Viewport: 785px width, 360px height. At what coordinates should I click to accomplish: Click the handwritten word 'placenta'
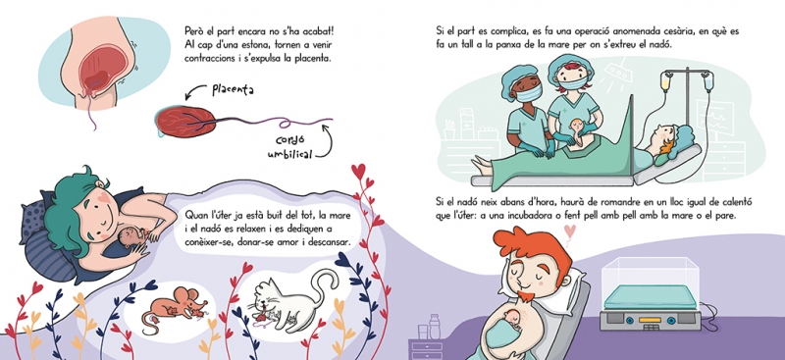[233, 89]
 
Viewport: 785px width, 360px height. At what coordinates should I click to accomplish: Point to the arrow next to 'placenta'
[195, 91]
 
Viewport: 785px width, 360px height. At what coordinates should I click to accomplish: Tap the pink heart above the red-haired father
[570, 231]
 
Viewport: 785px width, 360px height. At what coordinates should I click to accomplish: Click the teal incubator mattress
[650, 297]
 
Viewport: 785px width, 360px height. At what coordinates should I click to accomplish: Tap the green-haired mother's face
[99, 213]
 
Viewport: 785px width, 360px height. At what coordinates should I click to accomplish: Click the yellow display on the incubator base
[650, 320]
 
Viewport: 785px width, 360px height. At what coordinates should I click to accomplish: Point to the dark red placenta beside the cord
[185, 123]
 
